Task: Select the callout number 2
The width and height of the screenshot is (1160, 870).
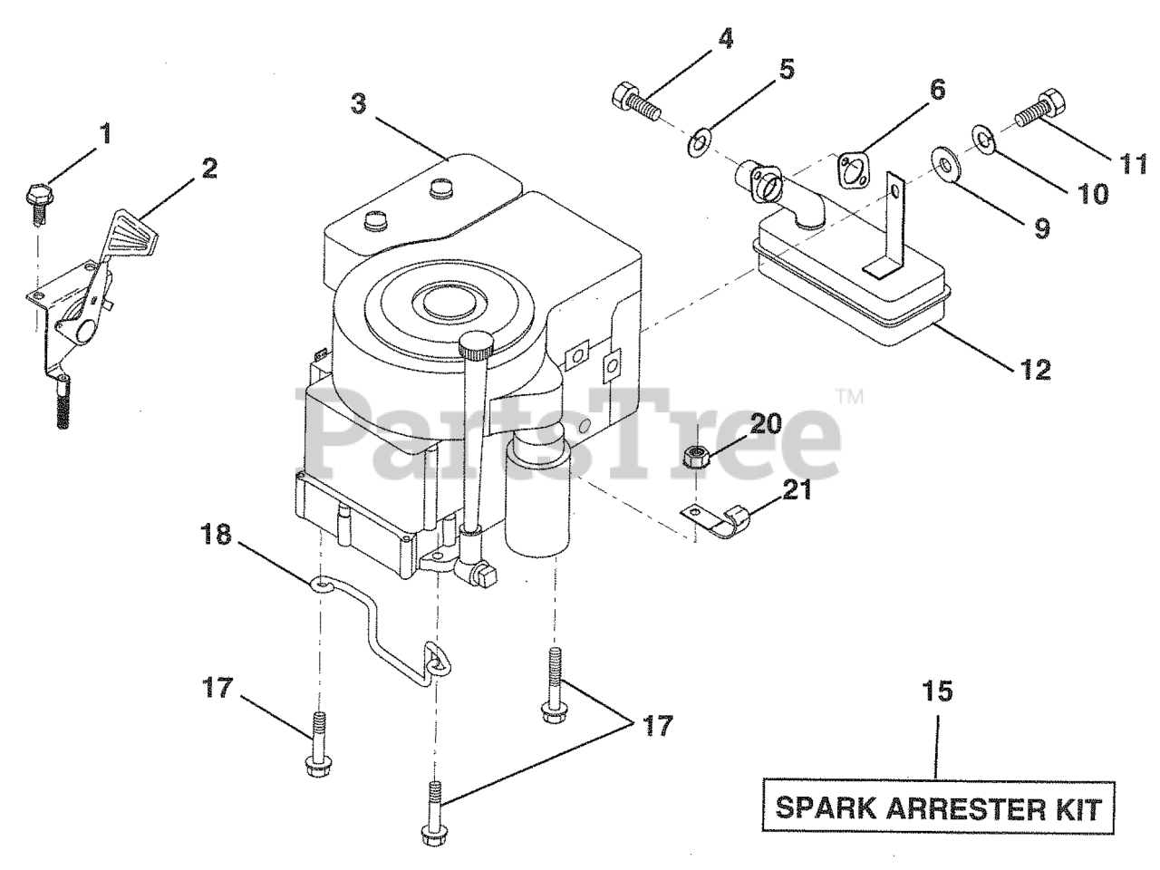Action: pyautogui.click(x=209, y=169)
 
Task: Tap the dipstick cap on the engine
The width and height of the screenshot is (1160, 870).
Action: pyautogui.click(x=477, y=344)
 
